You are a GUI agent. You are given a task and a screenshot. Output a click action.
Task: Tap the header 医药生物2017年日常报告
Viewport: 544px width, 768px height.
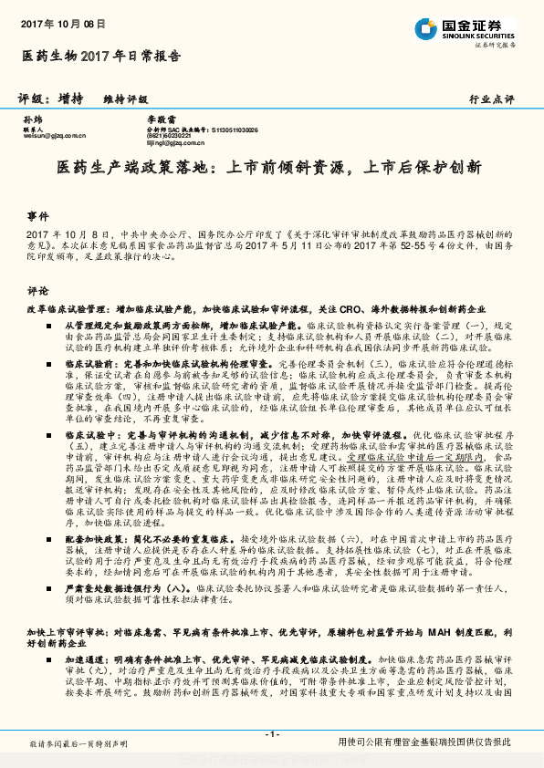[x=100, y=57]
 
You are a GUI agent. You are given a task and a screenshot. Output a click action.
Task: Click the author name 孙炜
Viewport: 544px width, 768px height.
[x=32, y=120]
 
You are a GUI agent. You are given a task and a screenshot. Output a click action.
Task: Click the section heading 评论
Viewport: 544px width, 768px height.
[x=37, y=291]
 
